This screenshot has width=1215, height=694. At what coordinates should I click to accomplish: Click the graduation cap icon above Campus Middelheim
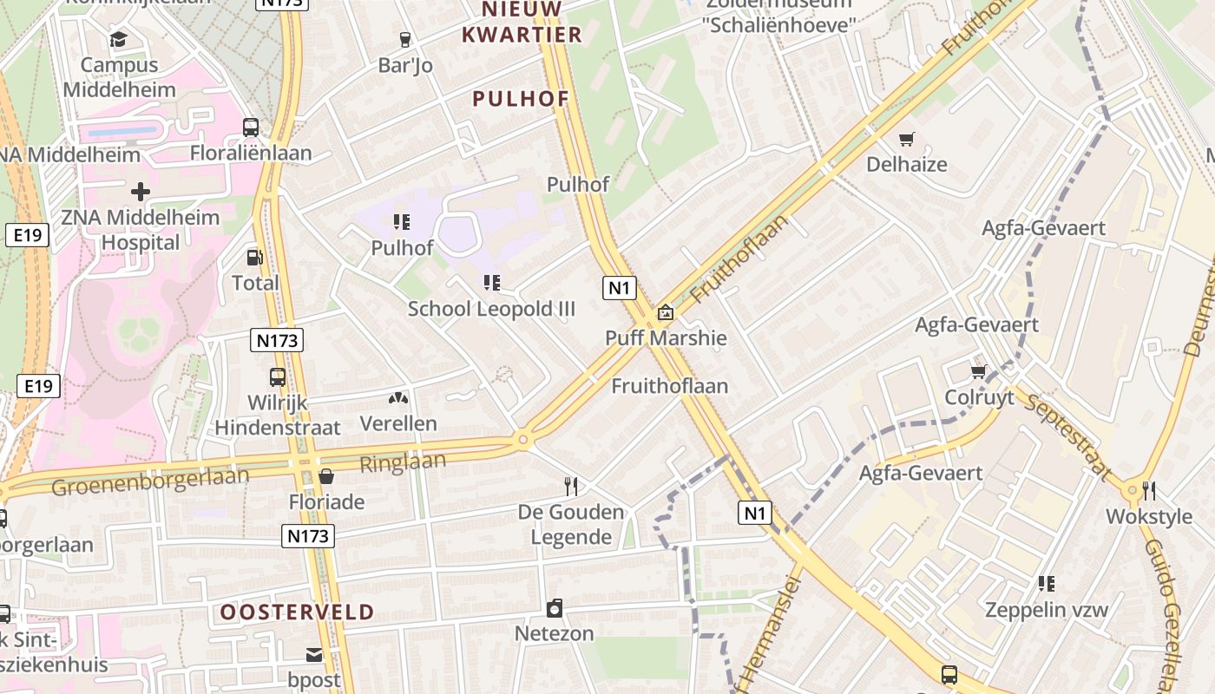[118, 39]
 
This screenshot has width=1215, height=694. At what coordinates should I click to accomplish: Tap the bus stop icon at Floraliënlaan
[251, 128]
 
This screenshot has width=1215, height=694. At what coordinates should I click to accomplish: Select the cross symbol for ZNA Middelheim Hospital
[141, 191]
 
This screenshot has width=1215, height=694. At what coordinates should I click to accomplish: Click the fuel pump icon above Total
[255, 257]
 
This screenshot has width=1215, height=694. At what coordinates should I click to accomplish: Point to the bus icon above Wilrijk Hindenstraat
[278, 377]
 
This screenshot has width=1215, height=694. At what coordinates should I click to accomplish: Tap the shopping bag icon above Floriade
[326, 475]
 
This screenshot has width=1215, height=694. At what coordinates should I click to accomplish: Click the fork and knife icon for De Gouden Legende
[571, 486]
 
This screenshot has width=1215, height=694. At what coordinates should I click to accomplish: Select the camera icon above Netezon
[555, 608]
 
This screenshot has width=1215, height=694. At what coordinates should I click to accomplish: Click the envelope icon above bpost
[314, 654]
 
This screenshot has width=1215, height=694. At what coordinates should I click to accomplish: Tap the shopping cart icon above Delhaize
[907, 139]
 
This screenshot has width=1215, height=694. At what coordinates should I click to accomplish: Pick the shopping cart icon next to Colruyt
[979, 371]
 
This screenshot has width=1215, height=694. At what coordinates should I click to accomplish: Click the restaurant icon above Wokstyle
[1149, 491]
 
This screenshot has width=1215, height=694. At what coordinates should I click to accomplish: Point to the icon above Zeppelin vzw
[1047, 584]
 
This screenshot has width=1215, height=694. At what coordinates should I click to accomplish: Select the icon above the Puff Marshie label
[666, 312]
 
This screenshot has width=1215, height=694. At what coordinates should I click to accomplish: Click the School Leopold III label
[491, 309]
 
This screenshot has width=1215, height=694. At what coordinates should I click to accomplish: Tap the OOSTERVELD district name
[297, 612]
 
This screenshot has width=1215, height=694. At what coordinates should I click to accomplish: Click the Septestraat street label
[1067, 436]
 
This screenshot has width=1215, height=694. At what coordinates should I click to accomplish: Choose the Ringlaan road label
[403, 462]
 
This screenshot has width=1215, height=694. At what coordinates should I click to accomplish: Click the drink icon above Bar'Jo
[404, 39]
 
